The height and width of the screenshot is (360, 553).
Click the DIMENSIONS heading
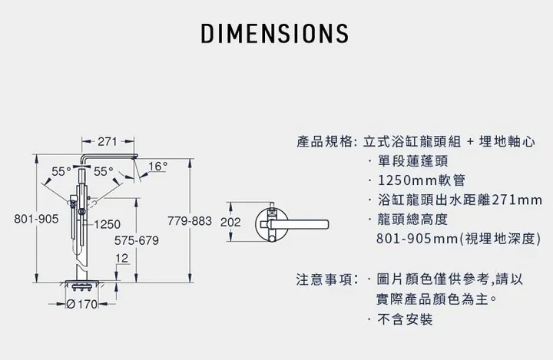point(274,34)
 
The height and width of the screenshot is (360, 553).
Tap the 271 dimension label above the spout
point(108,142)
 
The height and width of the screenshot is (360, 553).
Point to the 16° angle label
point(157,166)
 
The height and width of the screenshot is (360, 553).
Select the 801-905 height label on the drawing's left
point(36,220)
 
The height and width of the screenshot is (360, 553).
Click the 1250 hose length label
point(108,225)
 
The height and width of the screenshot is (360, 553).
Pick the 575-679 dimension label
point(136,241)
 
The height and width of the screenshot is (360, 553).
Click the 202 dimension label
point(230,223)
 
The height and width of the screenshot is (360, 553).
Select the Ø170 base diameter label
point(86,304)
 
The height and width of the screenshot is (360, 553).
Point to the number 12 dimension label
point(121,257)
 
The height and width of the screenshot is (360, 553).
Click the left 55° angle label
point(61,170)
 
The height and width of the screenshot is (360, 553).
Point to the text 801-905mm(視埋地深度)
point(459,239)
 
